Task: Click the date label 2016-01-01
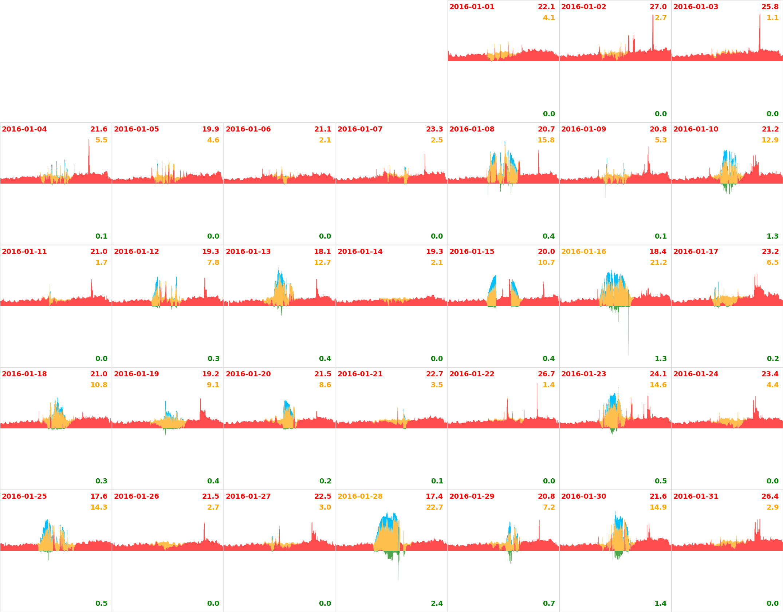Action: [472, 7]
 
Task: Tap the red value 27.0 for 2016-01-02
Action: [658, 7]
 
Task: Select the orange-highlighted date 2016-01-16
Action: [583, 252]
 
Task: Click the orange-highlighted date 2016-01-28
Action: [360, 497]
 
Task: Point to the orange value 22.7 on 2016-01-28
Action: [434, 507]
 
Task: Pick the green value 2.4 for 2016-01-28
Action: [437, 604]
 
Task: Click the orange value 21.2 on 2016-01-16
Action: [658, 263]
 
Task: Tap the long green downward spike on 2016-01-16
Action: [628, 335]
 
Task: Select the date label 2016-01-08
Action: [472, 129]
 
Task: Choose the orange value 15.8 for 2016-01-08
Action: [546, 140]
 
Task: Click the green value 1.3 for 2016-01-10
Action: [772, 236]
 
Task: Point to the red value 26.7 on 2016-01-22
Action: [546, 374]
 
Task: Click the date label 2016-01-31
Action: [696, 497]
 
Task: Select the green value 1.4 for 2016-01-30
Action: [661, 604]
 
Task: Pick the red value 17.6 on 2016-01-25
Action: [99, 497]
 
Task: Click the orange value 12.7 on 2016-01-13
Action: [322, 263]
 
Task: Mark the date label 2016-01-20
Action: [248, 374]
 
